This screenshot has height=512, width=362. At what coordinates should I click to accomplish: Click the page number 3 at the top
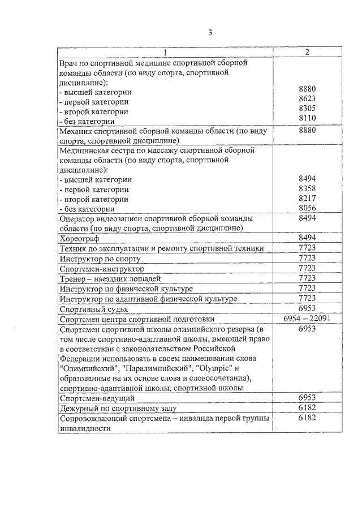(210, 32)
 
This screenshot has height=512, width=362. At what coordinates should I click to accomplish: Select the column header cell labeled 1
(166, 52)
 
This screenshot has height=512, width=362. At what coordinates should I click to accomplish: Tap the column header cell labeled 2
(307, 52)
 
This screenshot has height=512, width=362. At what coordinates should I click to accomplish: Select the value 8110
(307, 118)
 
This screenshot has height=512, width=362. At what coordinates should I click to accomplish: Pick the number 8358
(307, 188)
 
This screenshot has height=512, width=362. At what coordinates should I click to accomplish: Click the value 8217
(307, 199)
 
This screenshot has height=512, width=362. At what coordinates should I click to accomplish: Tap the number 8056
(307, 208)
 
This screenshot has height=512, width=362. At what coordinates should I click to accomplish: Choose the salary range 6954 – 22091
(307, 319)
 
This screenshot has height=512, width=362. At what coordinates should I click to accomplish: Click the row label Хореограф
(80, 239)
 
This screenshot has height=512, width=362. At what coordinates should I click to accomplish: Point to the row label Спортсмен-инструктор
(102, 269)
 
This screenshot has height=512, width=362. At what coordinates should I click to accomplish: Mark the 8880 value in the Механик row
(307, 130)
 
